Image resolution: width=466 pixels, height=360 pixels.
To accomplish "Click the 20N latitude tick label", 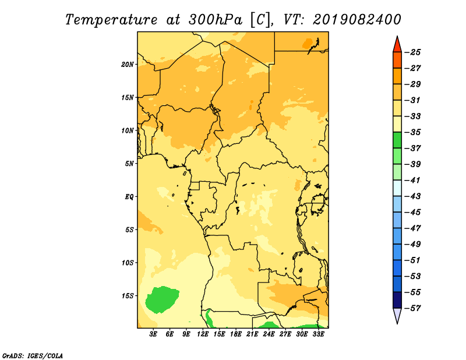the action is coord(128,65).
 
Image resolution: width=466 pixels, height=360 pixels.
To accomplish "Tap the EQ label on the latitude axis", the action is coord(129,197).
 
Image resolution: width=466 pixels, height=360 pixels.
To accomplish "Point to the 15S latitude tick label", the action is coord(128,296).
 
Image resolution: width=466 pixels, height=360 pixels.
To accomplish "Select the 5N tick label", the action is coord(129,164).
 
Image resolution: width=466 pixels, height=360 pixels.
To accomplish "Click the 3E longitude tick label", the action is coord(153,334).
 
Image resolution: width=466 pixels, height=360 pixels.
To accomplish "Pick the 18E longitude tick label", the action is coord(236,334).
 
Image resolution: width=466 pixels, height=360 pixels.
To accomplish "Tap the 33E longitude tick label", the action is coord(318,334).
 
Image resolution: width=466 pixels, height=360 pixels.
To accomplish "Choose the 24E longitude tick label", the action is coord(269,334).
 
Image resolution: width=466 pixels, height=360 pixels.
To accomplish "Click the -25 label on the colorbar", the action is coord(412,52).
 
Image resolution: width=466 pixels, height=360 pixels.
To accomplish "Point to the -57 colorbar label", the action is coord(412,308).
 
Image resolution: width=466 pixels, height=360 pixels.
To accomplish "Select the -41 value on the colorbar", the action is coord(412,181).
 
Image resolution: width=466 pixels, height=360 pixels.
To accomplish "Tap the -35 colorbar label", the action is coord(412,132).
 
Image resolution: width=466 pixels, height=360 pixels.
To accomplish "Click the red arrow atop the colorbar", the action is coord(397,45).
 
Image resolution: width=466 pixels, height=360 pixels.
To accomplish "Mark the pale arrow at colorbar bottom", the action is coord(397,315).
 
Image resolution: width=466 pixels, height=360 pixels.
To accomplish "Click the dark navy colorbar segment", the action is coord(397,300).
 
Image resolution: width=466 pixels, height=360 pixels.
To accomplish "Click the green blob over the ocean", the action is coord(162,299).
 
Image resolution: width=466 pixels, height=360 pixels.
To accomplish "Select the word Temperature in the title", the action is coord(111,20).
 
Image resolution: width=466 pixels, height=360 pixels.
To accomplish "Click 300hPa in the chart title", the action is coord(215,20).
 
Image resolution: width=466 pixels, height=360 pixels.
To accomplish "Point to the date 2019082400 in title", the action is coord(356,20).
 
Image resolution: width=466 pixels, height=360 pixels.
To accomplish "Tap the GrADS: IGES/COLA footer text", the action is coord(33,356).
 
